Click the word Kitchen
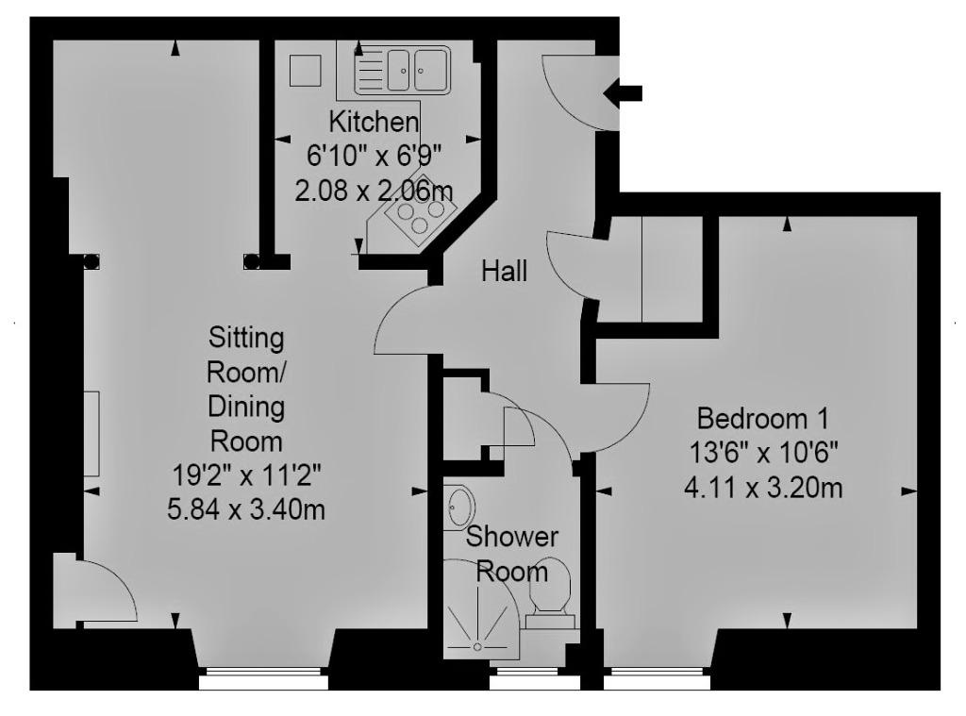[x=374, y=122]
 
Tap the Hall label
[x=505, y=271]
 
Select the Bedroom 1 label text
[x=762, y=419]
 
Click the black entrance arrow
[x=623, y=93]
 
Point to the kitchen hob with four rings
[x=420, y=213]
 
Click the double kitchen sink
[x=402, y=70]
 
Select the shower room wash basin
[x=458, y=507]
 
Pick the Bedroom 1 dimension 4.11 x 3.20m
[x=762, y=489]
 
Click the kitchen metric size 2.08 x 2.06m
[x=374, y=191]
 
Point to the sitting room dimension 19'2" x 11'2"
[x=246, y=475]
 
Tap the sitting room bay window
[x=264, y=679]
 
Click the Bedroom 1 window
[x=657, y=680]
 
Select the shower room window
[x=535, y=680]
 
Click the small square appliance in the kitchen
[x=306, y=70]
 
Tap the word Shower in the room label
[x=512, y=537]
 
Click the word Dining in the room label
[x=246, y=407]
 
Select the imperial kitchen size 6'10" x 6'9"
[x=374, y=156]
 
